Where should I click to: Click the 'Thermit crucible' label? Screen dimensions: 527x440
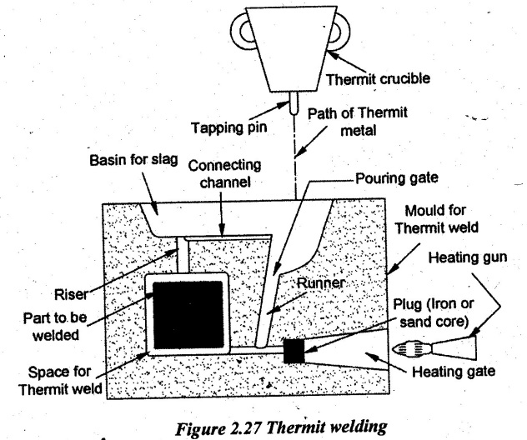(x=378, y=79)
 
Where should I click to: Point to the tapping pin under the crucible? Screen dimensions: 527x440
(x=294, y=102)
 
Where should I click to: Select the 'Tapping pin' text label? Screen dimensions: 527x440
(x=228, y=127)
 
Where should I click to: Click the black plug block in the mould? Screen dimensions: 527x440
(x=294, y=351)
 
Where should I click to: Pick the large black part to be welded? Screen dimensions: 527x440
(x=188, y=315)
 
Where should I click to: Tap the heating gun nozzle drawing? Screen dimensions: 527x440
(x=435, y=348)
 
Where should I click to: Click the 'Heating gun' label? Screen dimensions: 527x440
(x=468, y=257)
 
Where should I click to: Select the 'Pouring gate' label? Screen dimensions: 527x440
(x=397, y=178)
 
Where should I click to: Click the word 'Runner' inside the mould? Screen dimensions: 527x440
(x=321, y=282)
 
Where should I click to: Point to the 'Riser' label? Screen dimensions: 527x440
(x=71, y=294)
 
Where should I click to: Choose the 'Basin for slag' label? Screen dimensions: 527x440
(x=133, y=160)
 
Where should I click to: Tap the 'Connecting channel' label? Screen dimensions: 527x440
(x=224, y=173)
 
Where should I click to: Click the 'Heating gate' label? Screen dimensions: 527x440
(x=454, y=372)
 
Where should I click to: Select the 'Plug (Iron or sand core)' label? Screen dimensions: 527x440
(x=434, y=313)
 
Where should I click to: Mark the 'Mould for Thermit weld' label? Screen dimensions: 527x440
(x=436, y=219)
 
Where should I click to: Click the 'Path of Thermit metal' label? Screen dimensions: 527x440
(x=358, y=122)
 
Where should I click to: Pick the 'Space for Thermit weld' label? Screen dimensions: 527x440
(x=60, y=381)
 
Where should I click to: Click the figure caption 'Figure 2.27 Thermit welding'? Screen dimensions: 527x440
(x=281, y=427)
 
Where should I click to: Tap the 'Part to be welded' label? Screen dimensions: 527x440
(x=55, y=326)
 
